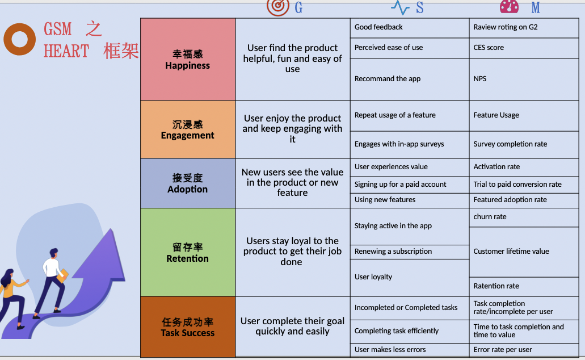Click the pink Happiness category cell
pos(188,60)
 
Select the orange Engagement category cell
pos(188,129)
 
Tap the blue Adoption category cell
pos(188,183)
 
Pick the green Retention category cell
pos(188,252)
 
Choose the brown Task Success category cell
pos(188,326)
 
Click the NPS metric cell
pos(524,79)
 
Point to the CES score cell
pos(524,48)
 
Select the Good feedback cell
pos(409,28)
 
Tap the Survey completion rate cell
pos(524,145)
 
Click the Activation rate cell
pos(524,168)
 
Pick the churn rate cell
pos(524,217)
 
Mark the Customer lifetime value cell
pos(524,252)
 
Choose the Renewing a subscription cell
pos(409,252)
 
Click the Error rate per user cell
pos(524,350)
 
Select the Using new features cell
pos(409,200)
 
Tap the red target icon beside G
pos(278,7)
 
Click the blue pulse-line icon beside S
pos(401,7)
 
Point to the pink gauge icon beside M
pos(509,6)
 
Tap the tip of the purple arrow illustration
pos(111,229)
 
